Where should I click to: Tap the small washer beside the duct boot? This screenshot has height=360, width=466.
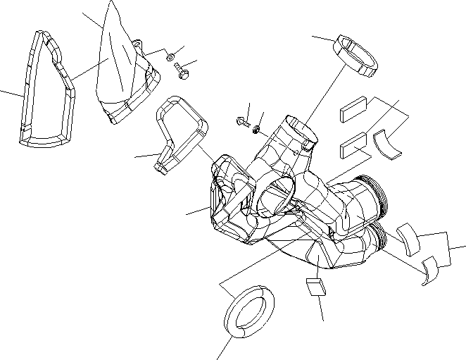click(170, 56)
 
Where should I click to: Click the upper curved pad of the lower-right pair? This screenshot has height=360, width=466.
click(408, 237)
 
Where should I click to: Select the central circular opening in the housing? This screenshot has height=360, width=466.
click(275, 197)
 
